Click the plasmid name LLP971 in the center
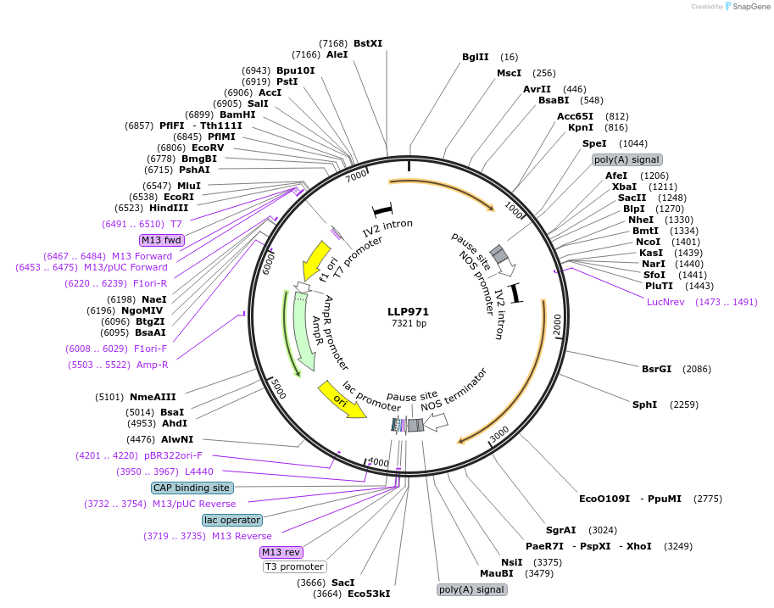(409, 311)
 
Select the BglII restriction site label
(475, 58)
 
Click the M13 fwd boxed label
(162, 240)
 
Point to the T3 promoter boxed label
(294, 566)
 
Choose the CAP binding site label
(192, 488)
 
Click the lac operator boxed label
(231, 520)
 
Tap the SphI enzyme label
(644, 404)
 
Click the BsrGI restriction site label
(656, 369)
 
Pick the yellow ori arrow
(341, 398)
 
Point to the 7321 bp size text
(409, 324)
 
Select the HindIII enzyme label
(170, 209)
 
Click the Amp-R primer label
(152, 365)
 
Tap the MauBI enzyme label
(497, 574)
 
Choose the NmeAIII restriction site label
(153, 397)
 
